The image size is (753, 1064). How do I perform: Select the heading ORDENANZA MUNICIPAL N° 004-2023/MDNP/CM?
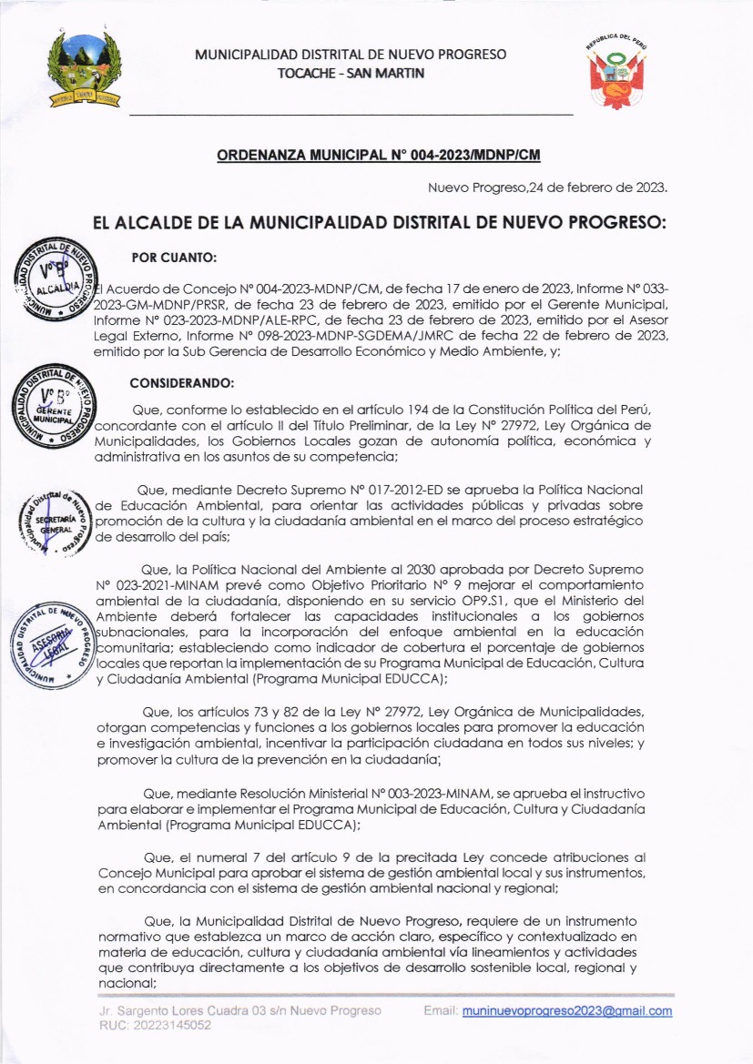click(379, 156)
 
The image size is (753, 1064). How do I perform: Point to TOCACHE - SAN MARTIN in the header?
click(351, 72)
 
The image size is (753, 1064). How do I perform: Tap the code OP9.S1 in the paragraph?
click(467, 601)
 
